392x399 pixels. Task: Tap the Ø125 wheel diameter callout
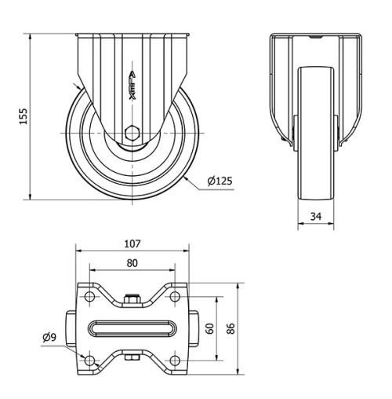(x=219, y=181)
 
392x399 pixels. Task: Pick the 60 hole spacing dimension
(x=209, y=328)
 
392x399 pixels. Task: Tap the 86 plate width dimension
(x=233, y=328)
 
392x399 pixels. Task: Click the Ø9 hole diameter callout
(x=49, y=338)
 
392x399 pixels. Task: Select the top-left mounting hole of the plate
(x=89, y=296)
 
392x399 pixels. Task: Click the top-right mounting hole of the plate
(x=174, y=296)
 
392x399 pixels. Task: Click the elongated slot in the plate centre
(x=132, y=328)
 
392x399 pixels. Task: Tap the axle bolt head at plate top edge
(x=132, y=298)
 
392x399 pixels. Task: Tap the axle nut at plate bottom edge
(x=132, y=359)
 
